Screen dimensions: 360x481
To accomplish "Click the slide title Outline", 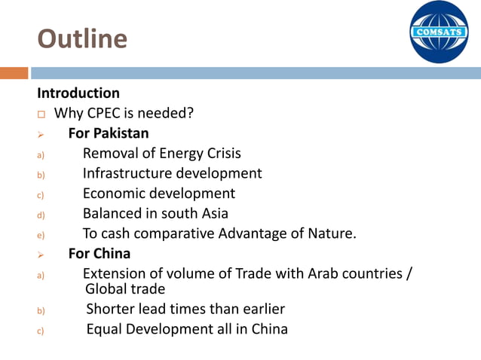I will coord(82,38).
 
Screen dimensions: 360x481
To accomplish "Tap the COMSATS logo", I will coord(439,32).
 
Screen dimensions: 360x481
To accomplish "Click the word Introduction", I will coord(78,93).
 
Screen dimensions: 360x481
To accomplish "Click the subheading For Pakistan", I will coord(109,133).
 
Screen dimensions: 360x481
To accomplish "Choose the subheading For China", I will coord(100,253).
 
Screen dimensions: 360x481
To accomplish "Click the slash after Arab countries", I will coord(409,273).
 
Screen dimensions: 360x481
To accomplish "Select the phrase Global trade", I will coord(125,288).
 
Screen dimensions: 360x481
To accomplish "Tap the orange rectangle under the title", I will coord(14,73).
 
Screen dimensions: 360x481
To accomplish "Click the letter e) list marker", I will coord(41,234).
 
